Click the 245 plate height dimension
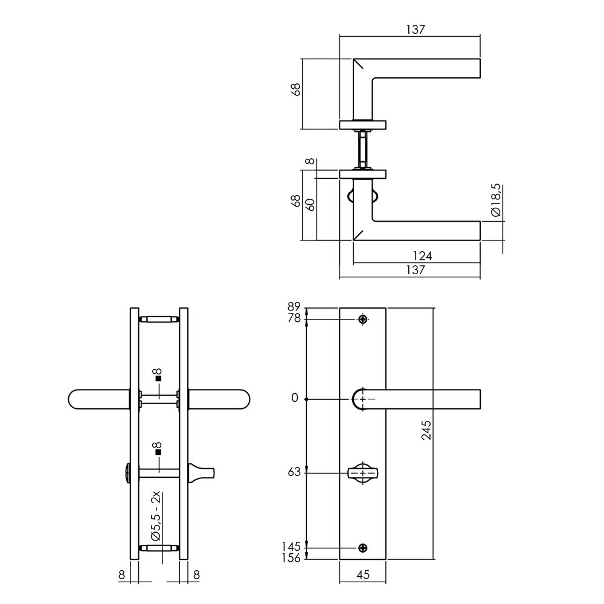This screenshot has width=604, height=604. (426, 430)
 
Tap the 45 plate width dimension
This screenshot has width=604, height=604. (363, 576)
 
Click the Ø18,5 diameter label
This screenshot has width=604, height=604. (495, 201)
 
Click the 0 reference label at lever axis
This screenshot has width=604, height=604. (295, 398)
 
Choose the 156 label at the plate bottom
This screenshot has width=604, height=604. (291, 558)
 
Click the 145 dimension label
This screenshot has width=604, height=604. (291, 547)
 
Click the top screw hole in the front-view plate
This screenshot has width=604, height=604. (362, 319)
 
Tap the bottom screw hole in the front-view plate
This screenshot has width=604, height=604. (362, 547)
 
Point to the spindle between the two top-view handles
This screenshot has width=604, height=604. (362, 149)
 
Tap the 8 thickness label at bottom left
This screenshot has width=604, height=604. (122, 576)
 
